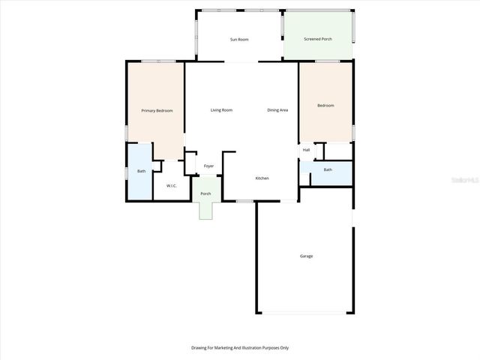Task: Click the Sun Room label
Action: point(239,39)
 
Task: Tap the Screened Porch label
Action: point(318,39)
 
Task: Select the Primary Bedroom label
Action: point(157,111)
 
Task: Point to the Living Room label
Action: point(221,110)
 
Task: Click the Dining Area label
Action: point(278,110)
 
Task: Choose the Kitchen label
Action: point(262,178)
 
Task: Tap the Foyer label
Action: point(209,166)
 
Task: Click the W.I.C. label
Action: point(171,186)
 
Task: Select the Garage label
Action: point(306,256)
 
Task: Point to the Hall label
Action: point(306,150)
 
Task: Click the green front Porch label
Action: point(205,194)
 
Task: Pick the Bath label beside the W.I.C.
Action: point(141,172)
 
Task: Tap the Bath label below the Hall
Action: point(328,169)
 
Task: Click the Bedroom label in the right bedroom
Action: point(325,106)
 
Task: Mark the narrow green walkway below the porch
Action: point(206,211)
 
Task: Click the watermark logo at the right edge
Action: point(468,180)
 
